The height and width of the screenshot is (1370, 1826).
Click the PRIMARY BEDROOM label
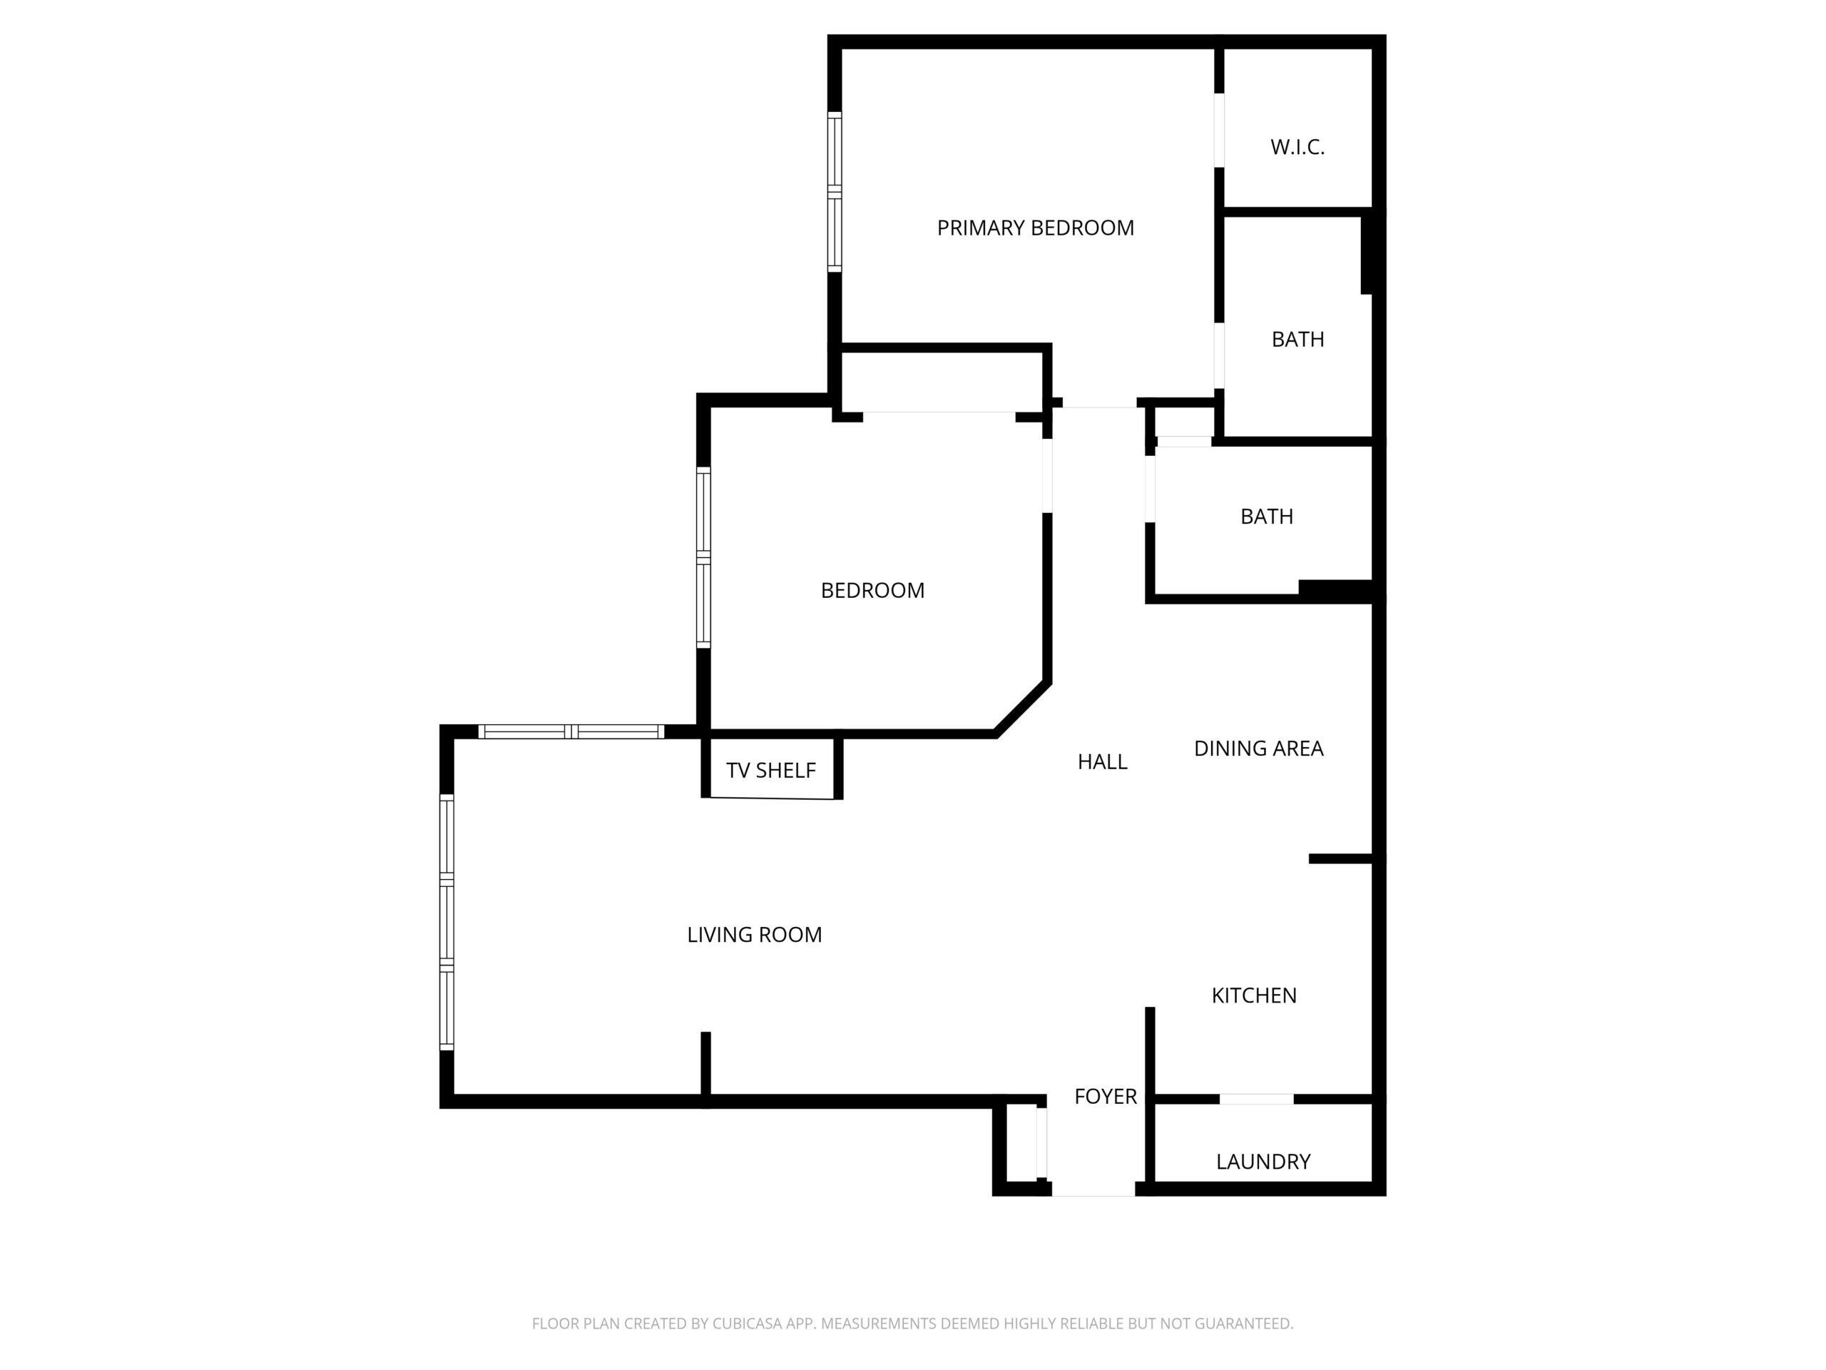[1035, 228]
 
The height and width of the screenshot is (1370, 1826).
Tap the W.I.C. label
[1297, 147]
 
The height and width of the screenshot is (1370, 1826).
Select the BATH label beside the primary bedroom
[1297, 340]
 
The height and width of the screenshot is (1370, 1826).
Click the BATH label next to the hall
[1266, 517]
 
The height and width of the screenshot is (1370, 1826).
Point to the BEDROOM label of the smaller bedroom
[872, 590]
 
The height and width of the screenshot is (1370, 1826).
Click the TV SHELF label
[771, 771]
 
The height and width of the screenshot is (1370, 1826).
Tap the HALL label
[1102, 762]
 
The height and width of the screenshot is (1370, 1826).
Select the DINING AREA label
[1258, 749]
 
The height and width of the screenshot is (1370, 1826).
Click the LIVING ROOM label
[755, 935]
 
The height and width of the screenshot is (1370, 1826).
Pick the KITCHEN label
[1254, 996]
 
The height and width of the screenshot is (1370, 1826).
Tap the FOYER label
[1106, 1097]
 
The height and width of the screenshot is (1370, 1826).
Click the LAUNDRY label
[1263, 1162]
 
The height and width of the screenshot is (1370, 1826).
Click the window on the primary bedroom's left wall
[835, 191]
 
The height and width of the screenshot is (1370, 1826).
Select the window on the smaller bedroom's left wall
[703, 557]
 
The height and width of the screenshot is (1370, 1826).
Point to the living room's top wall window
[571, 731]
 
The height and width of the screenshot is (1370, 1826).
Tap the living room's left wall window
[447, 922]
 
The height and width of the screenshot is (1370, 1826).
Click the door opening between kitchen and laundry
[1256, 1099]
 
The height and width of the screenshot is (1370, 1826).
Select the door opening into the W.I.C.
[1218, 131]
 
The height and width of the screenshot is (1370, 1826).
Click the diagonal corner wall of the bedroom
[1023, 709]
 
